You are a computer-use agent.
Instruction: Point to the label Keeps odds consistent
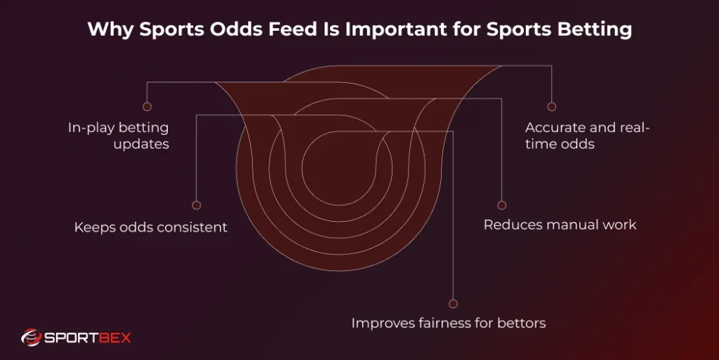151,227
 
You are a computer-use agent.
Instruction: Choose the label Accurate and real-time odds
588,135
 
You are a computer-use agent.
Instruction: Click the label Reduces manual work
560,225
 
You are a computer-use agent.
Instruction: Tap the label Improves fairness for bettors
448,324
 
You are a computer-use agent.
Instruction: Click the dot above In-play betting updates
147,107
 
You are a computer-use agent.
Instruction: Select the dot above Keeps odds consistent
197,206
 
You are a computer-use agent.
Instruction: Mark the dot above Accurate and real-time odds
552,107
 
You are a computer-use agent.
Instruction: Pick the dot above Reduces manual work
501,205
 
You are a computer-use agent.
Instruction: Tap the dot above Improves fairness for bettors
453,304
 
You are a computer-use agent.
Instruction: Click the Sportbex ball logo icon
31,338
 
